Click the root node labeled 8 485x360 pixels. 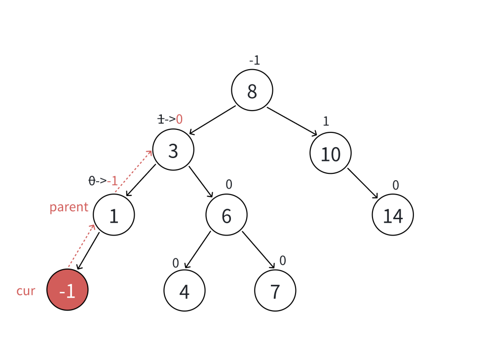[x=252, y=90]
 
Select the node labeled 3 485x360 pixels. [x=173, y=150]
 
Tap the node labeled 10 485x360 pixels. [x=331, y=154]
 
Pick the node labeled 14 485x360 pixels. [x=393, y=215]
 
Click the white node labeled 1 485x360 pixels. [x=114, y=215]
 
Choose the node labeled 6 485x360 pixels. [x=226, y=215]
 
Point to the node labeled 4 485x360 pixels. [x=185, y=291]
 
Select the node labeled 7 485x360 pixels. [x=275, y=291]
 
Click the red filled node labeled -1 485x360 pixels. [x=68, y=290]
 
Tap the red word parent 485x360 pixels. [x=69, y=207]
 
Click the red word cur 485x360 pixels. [x=26, y=291]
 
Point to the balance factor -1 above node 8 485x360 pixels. [x=254, y=61]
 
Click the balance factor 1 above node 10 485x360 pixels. [x=326, y=121]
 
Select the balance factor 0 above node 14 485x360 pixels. [x=396, y=185]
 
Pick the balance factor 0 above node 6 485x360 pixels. [x=229, y=185]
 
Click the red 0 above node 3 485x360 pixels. [x=179, y=119]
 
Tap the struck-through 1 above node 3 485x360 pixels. [x=160, y=119]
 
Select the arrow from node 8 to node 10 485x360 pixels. [x=292, y=121]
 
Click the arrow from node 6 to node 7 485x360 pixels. [x=259, y=250]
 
